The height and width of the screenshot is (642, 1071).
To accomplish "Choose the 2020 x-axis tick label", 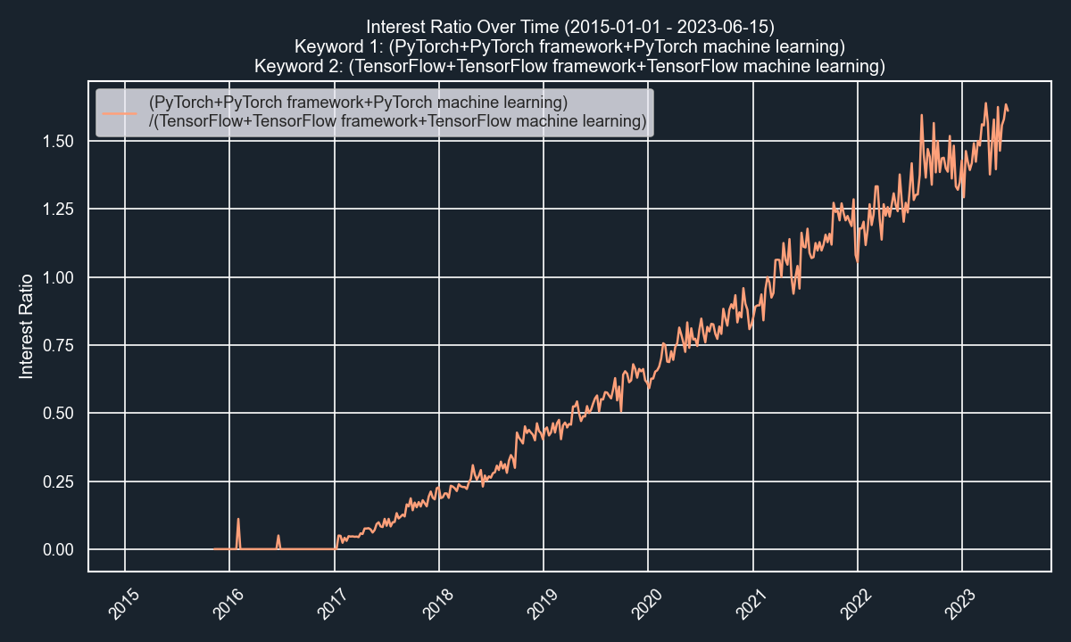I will [643, 604].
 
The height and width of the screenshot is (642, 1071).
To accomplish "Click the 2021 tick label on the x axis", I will [748, 604].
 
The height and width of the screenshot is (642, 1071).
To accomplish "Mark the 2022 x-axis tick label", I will [852, 604].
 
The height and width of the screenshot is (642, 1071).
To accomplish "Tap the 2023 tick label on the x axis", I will [957, 604].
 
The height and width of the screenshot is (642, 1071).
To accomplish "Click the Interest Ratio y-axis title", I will [27, 326].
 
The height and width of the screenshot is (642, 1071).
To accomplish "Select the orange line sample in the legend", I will [120, 113].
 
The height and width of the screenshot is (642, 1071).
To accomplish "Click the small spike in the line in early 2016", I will [238, 520].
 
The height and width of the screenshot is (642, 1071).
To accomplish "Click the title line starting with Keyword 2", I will [569, 66].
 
